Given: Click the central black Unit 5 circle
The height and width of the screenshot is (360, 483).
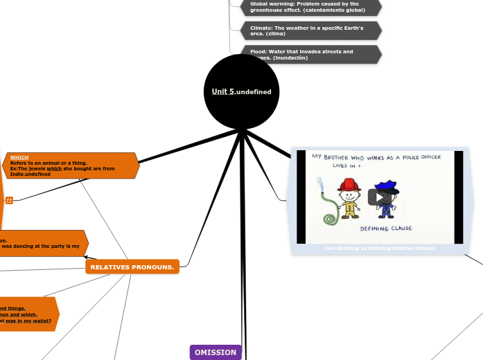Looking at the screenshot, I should coord(241,91).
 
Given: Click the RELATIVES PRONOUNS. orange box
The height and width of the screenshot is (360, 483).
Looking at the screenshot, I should coord(132,267).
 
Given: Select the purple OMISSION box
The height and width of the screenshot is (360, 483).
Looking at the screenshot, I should coord(216,352).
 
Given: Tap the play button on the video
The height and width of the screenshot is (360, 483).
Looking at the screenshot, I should coord(379,197).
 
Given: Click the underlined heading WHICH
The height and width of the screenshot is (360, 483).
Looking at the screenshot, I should coord(19,158).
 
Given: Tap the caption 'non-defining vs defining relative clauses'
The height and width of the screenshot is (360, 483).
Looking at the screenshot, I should coord(379,248).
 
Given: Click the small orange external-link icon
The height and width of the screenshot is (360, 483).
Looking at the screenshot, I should coord(9,200).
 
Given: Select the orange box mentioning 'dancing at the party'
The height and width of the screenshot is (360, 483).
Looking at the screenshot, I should coord(42,243).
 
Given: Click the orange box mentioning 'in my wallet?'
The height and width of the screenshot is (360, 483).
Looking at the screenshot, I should coord(28,314).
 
